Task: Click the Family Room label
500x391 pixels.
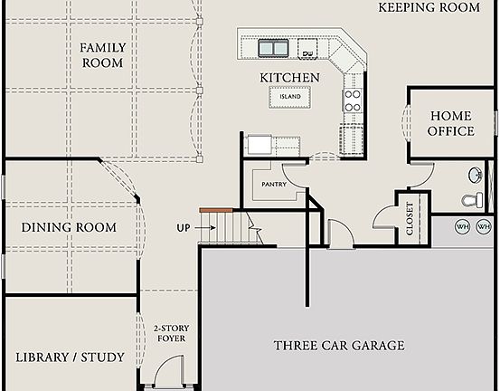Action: coord(101,55)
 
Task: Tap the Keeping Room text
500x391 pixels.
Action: coord(428,7)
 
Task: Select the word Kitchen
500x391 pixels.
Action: coord(289,78)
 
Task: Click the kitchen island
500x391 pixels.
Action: coord(289,96)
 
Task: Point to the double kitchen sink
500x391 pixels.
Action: coord(274,46)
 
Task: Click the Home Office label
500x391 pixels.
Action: coord(450,123)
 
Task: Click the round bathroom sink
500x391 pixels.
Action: coord(477,175)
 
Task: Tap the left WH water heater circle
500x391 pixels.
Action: coord(462,226)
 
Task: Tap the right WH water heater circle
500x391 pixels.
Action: coord(484,226)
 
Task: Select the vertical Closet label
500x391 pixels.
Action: coord(410,218)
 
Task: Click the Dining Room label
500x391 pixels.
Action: coord(69,227)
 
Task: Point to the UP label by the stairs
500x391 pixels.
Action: coord(184,227)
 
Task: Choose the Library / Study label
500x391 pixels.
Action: coord(70,358)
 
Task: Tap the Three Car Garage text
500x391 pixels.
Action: coord(339,346)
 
